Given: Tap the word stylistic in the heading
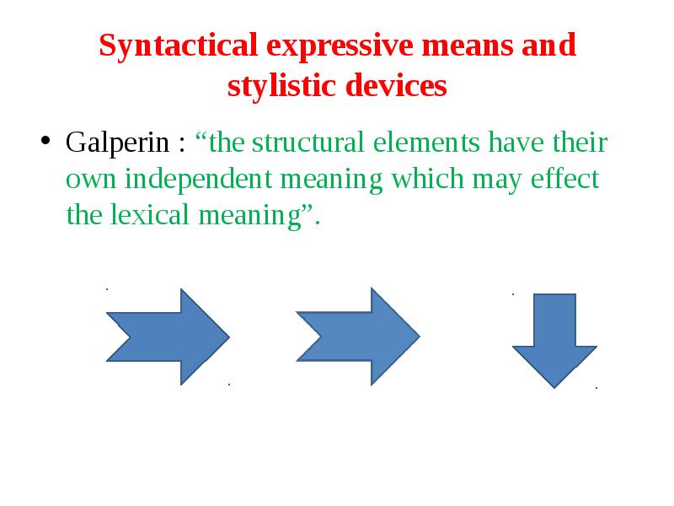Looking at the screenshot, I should (276, 85).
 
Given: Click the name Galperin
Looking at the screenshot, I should (119, 143).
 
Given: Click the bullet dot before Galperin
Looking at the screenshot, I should (47, 141).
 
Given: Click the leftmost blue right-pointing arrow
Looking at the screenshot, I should (167, 336).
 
